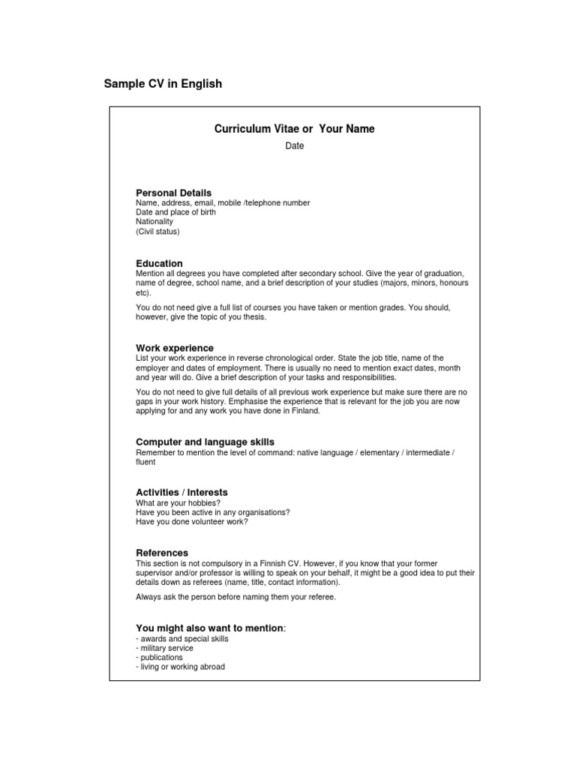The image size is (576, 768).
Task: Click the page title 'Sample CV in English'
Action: click(x=163, y=84)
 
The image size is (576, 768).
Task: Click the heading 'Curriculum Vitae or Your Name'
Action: click(x=294, y=129)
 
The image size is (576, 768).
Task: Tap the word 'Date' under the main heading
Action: click(x=294, y=146)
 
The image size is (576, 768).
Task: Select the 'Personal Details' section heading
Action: click(x=173, y=193)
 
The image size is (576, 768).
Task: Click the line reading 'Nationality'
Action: click(x=154, y=222)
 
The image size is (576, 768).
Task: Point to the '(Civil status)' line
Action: click(x=157, y=232)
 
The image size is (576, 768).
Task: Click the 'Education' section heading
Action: click(x=159, y=263)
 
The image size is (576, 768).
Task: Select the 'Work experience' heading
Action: click(x=175, y=348)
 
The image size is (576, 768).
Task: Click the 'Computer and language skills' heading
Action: click(x=205, y=442)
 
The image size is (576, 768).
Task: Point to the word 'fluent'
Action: click(x=145, y=463)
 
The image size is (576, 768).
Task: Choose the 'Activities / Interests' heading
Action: click(x=181, y=493)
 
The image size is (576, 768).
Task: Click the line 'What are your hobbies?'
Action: click(x=178, y=502)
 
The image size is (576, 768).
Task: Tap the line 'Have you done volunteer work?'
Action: click(x=191, y=522)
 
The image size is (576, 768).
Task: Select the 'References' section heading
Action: click(x=162, y=553)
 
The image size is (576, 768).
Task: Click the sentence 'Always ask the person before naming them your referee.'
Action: click(x=236, y=597)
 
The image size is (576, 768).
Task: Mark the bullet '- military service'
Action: click(x=164, y=648)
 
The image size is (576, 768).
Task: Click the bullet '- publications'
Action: click(x=159, y=658)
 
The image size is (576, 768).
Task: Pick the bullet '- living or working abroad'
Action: click(x=180, y=667)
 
